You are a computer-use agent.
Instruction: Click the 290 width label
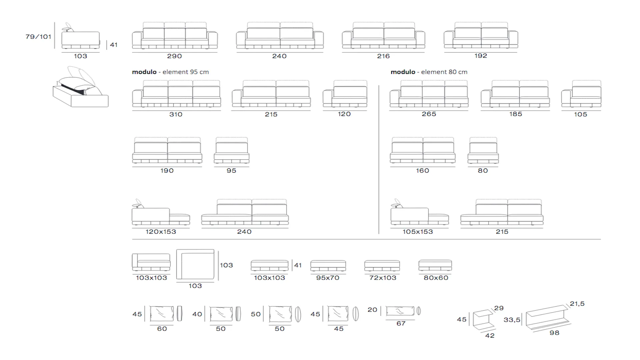(174, 56)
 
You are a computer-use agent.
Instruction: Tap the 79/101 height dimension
(38, 37)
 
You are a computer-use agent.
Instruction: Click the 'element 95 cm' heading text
(186, 72)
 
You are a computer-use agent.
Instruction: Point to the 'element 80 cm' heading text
(444, 72)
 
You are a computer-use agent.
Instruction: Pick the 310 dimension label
(176, 114)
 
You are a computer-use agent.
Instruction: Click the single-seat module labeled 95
(232, 151)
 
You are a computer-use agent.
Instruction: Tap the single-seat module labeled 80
(483, 151)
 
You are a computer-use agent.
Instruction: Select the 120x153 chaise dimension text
(161, 232)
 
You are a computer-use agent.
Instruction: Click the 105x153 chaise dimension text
(418, 232)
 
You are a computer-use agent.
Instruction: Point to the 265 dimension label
(429, 114)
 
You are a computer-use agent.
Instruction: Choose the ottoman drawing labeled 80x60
(435, 265)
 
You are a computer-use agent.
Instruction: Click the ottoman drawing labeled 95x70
(328, 266)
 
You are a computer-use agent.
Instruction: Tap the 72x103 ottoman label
(383, 278)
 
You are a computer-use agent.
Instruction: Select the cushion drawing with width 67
(400, 311)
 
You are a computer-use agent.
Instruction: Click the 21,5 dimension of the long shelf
(577, 304)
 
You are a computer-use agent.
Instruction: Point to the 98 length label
(554, 333)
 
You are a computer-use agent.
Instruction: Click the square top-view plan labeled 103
(195, 264)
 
